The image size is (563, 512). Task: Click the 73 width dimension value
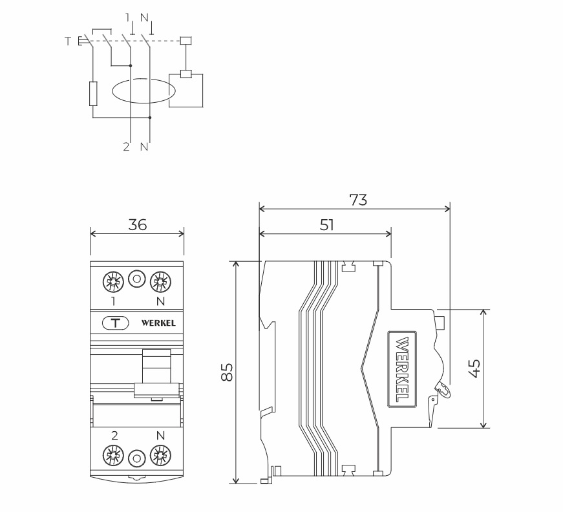[358, 200]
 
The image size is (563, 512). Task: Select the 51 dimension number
[327, 224]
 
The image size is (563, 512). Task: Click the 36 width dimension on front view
[138, 224]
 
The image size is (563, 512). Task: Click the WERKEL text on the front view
[158, 323]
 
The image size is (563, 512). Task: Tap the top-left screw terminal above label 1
[113, 281]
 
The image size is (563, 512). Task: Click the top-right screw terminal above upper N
[159, 281]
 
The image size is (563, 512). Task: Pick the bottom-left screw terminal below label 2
[113, 456]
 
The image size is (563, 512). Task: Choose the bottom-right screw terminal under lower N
[159, 456]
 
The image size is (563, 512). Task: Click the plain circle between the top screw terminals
[136, 279]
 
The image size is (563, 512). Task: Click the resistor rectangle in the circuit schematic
[93, 94]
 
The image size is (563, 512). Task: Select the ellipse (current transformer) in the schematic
[140, 92]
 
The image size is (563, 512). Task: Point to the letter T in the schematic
[68, 41]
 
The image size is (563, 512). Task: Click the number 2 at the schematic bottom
[126, 147]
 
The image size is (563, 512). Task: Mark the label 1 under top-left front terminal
[113, 301]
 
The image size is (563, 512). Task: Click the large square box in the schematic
[186, 91]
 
